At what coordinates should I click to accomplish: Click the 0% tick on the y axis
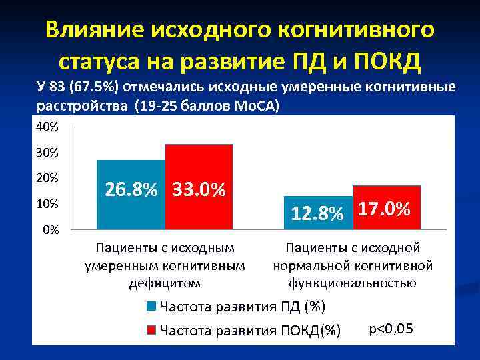(x=51, y=230)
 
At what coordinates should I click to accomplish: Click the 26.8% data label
(x=131, y=190)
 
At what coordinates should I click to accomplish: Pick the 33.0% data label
(x=199, y=190)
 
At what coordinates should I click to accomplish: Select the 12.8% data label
(x=317, y=213)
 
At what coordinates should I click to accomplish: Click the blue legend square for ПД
(x=151, y=307)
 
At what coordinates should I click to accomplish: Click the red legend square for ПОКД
(x=151, y=330)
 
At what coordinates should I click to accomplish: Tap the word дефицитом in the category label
(x=165, y=283)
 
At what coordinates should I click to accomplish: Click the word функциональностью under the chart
(x=353, y=283)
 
